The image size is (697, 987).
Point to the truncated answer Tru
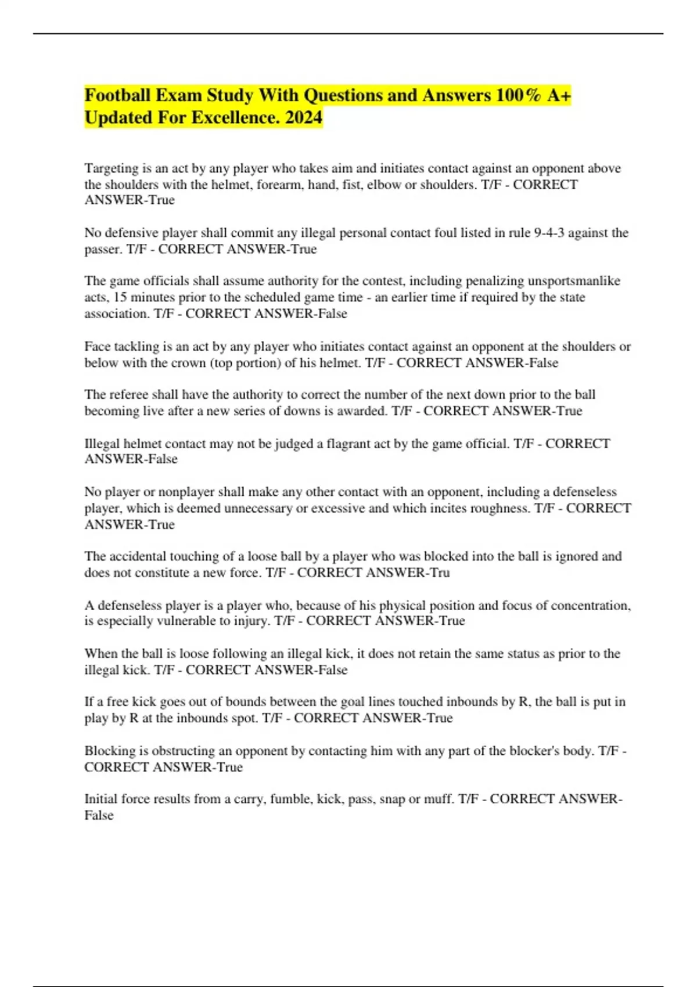click(440, 572)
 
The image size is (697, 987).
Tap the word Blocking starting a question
click(109, 751)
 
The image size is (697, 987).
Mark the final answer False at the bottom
click(99, 815)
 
